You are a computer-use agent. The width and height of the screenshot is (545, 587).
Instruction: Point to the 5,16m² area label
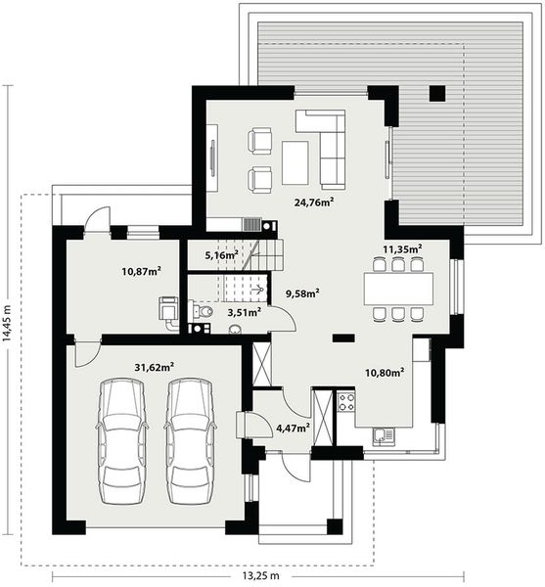(x=222, y=254)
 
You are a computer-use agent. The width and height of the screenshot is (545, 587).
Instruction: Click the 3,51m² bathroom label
(x=243, y=312)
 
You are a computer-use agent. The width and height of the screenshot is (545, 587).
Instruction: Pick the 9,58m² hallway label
(x=303, y=292)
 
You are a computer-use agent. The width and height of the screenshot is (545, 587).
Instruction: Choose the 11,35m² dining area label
(x=401, y=248)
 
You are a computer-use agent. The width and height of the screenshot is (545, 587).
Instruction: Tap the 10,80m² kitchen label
(x=385, y=371)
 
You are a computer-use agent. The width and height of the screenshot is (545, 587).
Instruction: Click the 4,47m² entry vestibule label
(x=293, y=427)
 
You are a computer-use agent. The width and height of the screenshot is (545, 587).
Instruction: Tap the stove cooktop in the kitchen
(x=346, y=401)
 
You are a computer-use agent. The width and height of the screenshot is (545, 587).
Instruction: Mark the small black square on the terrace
(x=436, y=94)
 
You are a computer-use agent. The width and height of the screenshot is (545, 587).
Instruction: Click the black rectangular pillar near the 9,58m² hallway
(x=342, y=339)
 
